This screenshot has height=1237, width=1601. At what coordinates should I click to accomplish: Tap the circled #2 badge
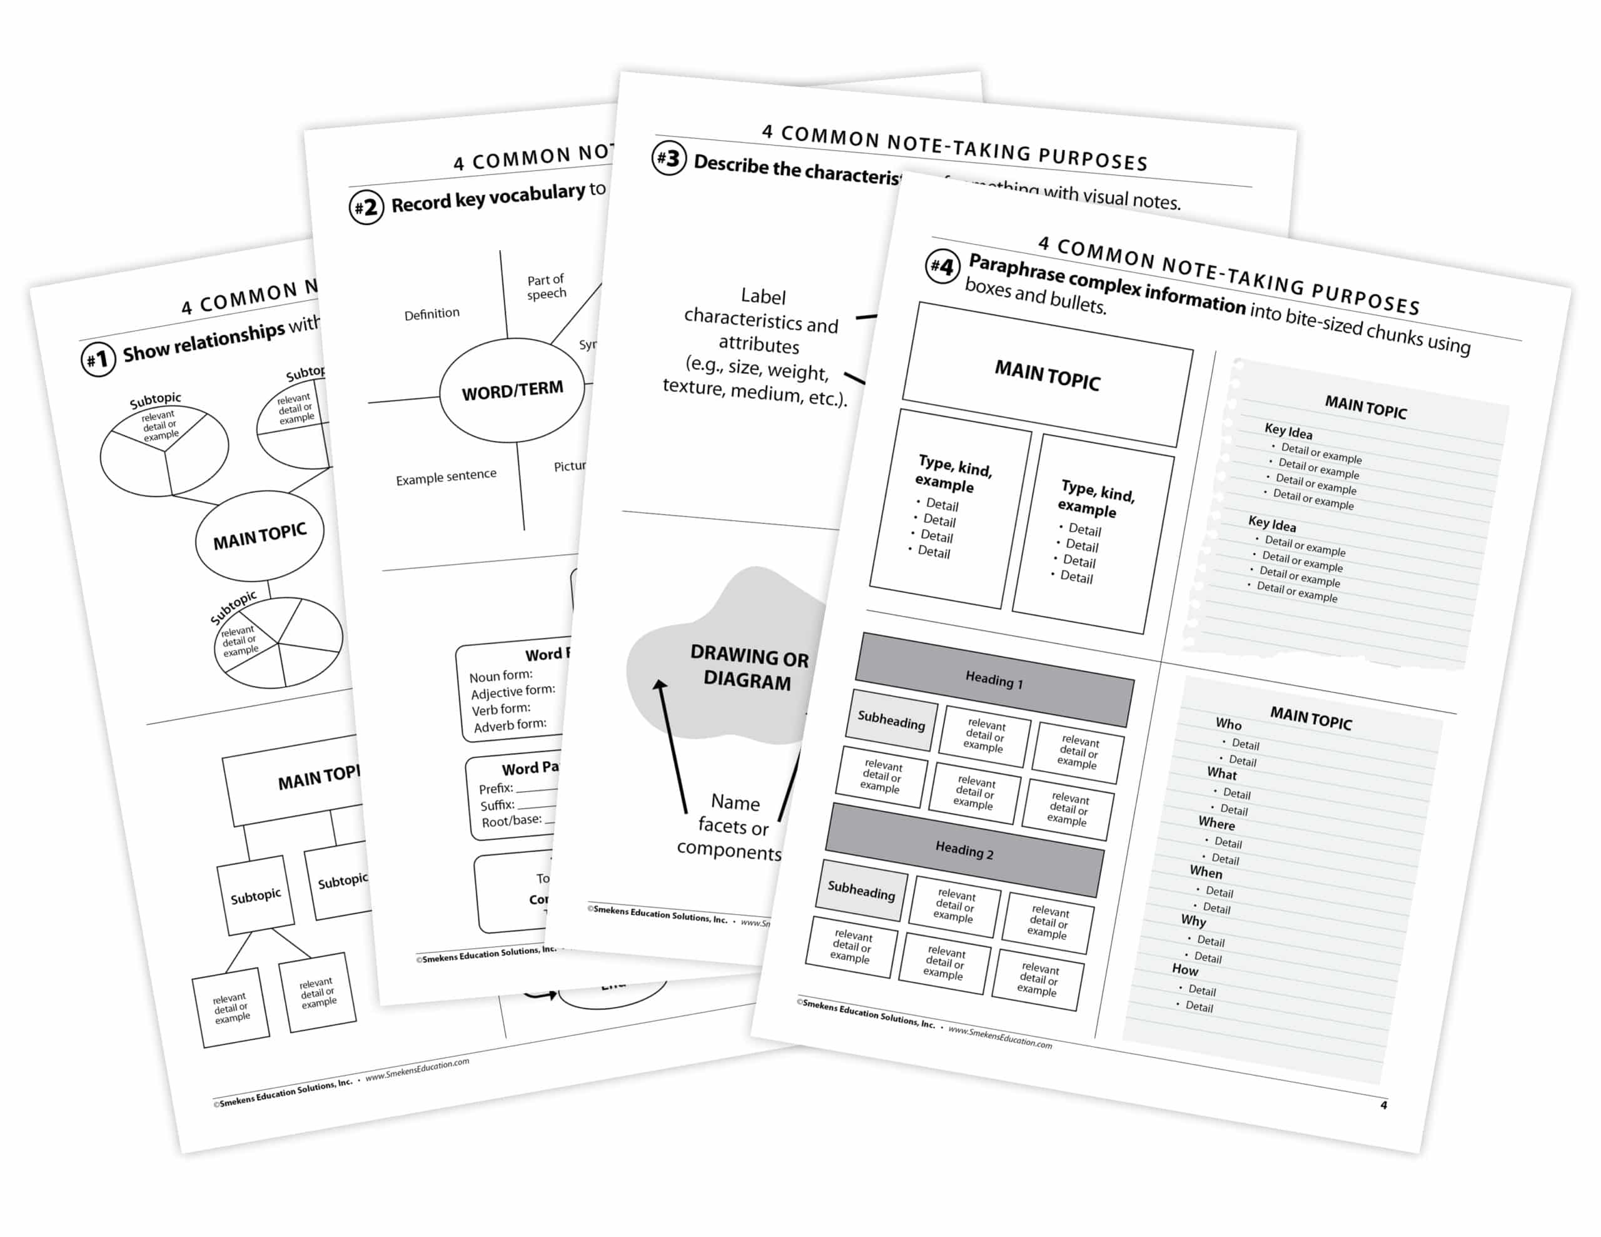pos(366,207)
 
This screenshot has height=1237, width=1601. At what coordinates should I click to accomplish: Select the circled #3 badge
pos(669,158)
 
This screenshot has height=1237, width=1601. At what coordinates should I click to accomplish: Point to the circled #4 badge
pos(942,266)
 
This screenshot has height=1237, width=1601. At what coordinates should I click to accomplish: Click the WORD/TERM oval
pos(512,390)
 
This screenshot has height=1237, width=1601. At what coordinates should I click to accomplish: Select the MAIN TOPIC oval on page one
pos(260,536)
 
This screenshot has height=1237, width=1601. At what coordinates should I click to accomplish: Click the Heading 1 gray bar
pos(994,680)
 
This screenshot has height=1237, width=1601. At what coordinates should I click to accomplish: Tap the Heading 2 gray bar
pos(964,851)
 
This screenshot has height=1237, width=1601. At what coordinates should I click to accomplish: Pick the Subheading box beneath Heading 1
pos(891,720)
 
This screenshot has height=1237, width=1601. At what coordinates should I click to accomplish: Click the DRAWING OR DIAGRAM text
pos(749,667)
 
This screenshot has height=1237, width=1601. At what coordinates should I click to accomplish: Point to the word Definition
pos(432,314)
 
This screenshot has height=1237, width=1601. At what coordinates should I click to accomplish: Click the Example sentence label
pos(446,477)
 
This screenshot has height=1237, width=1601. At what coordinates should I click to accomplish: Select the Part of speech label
pos(546,286)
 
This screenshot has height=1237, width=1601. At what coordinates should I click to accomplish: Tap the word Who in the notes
pos(1229,724)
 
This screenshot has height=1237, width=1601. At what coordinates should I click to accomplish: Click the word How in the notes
pos(1184,969)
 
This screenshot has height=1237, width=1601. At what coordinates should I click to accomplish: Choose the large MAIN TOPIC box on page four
pos(1047,375)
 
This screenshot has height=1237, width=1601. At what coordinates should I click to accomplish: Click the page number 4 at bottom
pos(1383,1105)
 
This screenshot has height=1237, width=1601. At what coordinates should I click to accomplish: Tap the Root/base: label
pos(511,820)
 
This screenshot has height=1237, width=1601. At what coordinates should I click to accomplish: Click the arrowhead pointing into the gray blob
pos(660,685)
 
